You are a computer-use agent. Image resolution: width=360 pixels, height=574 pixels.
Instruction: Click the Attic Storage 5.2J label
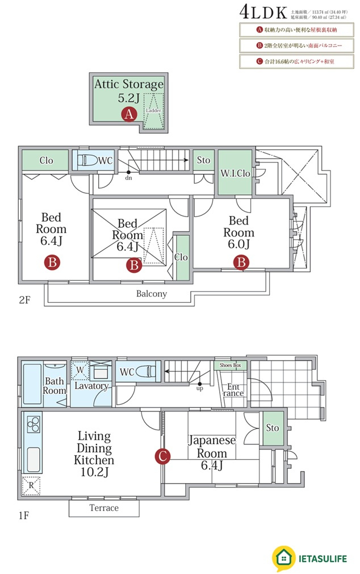point(128,90)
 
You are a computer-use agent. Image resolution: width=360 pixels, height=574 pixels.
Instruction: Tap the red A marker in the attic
point(129,114)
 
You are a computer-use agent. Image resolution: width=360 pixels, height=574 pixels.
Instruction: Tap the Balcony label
point(152,294)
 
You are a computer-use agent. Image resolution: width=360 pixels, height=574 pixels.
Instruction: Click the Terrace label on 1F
point(104,508)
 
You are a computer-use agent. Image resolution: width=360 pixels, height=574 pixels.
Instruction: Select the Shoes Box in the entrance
point(230,365)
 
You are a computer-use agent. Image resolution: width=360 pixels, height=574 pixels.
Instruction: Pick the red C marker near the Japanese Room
point(162,456)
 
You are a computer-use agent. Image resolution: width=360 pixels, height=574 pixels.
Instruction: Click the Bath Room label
point(55,386)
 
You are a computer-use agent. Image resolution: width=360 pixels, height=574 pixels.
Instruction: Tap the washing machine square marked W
point(80,370)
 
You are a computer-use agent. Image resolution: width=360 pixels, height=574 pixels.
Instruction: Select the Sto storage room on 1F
point(272,427)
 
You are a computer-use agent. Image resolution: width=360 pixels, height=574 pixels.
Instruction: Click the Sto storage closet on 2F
point(203,161)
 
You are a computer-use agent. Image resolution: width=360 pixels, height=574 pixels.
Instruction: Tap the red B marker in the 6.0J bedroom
point(241,263)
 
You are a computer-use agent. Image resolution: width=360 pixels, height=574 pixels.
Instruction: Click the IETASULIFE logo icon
point(284,558)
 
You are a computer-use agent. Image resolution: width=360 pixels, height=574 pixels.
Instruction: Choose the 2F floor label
point(24,300)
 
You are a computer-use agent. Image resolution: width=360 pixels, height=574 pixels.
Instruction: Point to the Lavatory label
point(91,386)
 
